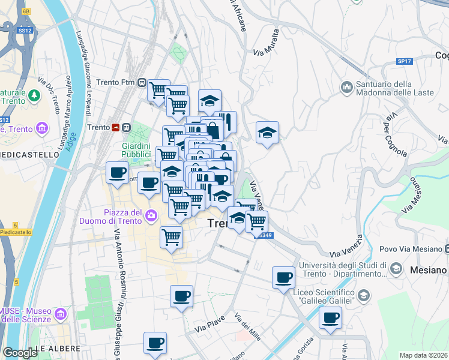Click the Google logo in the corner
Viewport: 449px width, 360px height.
(x=20, y=353)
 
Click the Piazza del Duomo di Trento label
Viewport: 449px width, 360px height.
(x=114, y=217)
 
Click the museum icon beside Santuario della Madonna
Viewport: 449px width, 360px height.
(x=346, y=88)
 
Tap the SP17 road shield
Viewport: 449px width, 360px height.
(x=404, y=61)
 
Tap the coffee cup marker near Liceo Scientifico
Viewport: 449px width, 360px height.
(x=330, y=318)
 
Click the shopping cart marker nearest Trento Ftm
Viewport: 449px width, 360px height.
(x=158, y=90)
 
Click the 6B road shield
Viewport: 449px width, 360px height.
(x=25, y=11)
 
